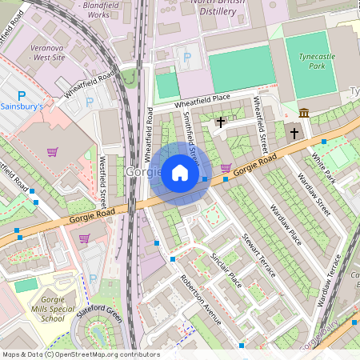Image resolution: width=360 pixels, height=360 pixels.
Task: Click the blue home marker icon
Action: point(180,173)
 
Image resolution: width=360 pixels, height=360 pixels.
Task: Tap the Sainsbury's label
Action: point(27,106)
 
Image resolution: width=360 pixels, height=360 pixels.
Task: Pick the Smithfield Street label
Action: point(190,136)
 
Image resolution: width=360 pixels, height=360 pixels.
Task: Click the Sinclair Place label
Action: point(226,269)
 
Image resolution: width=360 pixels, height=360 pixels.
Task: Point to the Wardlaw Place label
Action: point(285,225)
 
